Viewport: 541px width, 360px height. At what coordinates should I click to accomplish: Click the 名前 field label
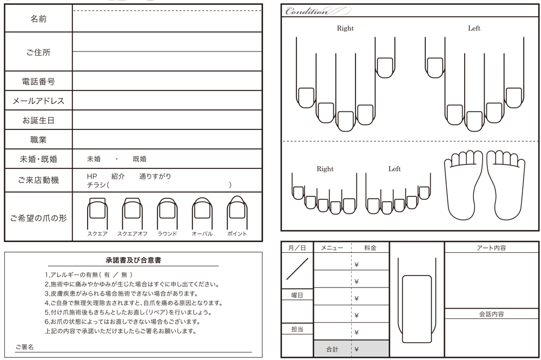38,19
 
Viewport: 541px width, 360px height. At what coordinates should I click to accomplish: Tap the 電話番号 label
38,81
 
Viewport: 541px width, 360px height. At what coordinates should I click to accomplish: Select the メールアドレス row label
38,101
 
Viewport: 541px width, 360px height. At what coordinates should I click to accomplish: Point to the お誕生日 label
38,121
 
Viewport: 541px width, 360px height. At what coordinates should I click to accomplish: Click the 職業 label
38,140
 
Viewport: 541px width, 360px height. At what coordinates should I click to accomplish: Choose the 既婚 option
140,159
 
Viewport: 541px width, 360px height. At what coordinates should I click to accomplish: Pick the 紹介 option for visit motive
118,176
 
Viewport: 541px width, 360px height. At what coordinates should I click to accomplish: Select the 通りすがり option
155,176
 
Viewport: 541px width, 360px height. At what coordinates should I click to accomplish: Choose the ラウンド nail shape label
167,234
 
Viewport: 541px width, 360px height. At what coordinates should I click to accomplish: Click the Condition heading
307,11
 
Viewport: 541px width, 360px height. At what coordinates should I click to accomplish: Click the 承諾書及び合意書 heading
133,260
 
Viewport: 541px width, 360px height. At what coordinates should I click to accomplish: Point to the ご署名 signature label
24,347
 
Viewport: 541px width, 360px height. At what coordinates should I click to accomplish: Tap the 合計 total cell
333,349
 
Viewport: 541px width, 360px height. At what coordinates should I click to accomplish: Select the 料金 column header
370,248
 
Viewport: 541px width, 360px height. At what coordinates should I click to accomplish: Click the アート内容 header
491,248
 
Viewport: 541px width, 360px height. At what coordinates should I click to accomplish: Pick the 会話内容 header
491,314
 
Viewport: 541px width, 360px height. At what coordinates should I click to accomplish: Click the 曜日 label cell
297,295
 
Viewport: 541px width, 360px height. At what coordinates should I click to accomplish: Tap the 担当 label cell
297,329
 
